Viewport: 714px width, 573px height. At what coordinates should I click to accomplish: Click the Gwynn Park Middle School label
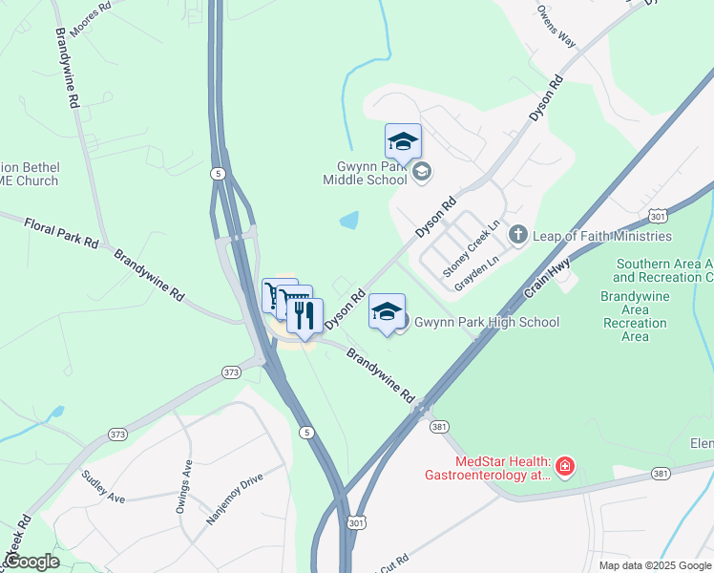tap(365, 173)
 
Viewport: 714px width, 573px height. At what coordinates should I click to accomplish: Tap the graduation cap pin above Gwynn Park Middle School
tap(403, 143)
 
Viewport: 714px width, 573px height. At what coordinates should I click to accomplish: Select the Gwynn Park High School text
tap(486, 322)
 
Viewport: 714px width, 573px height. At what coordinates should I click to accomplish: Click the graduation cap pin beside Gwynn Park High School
tap(387, 313)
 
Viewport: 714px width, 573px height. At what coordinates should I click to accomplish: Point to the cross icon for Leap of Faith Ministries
tap(517, 233)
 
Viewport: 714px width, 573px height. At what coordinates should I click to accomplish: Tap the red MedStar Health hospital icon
tap(565, 466)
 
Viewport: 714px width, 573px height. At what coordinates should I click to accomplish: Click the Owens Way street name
tap(556, 26)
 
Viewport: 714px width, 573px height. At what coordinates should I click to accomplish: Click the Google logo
tap(32, 562)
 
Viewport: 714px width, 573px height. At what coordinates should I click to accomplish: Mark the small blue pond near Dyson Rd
tap(349, 221)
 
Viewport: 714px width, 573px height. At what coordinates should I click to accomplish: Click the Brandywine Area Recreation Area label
tap(635, 316)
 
